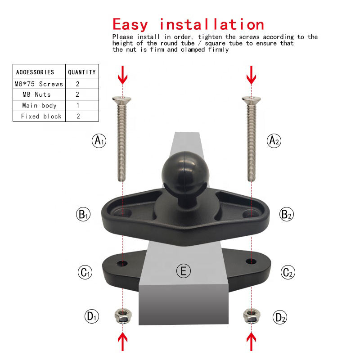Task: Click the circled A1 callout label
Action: pos(99,141)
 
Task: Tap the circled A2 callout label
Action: pos(274,141)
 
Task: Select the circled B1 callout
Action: pos(83,214)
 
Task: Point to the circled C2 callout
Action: pos(288,272)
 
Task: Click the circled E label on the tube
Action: pos(184,271)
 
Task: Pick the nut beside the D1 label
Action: pos(123,316)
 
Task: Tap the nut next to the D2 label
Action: pos(252,316)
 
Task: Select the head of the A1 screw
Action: pos(121,100)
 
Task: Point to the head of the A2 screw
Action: pos(252,100)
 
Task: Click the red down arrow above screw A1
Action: pos(122,75)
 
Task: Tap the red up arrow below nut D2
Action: pos(252,342)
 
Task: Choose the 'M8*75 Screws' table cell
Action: pos(39,84)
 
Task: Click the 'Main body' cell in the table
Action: pos(39,105)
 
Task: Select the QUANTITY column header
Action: pos(82,72)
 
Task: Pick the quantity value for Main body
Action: pos(78,105)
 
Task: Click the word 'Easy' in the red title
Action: pos(130,25)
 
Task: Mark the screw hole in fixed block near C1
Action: pos(122,263)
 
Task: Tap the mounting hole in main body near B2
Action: pos(251,214)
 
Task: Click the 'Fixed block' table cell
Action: pos(39,116)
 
